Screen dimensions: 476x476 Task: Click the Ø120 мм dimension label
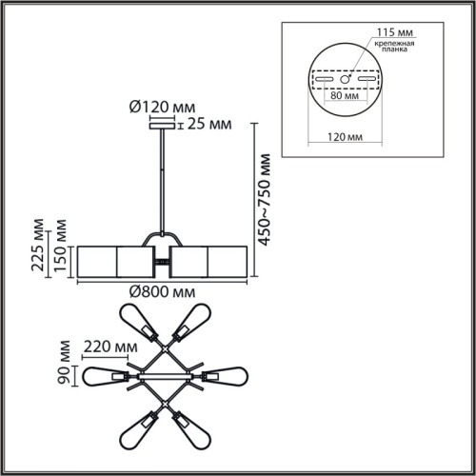[162, 108]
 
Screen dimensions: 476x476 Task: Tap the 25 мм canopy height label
[209, 124]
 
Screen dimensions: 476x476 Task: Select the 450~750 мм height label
[264, 200]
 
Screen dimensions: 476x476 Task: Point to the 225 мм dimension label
[37, 245]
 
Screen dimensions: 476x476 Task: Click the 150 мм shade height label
[60, 246]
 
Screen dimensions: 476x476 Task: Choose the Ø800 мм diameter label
[162, 292]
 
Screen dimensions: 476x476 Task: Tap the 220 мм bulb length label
[110, 347]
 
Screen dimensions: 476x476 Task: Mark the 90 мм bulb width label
[64, 363]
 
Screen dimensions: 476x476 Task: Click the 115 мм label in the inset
[395, 32]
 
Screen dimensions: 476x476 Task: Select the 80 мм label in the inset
[345, 95]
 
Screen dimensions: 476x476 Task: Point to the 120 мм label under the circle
[345, 137]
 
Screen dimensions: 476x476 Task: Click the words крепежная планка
[394, 47]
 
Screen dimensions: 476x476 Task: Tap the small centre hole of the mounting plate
[345, 79]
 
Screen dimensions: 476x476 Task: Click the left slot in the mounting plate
[324, 79]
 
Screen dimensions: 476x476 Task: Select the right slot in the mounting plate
[367, 79]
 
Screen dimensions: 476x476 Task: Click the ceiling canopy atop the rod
[162, 126]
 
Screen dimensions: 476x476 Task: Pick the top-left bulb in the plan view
[138, 322]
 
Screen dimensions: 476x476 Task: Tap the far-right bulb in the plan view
[226, 376]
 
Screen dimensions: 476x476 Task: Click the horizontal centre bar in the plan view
[165, 376]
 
